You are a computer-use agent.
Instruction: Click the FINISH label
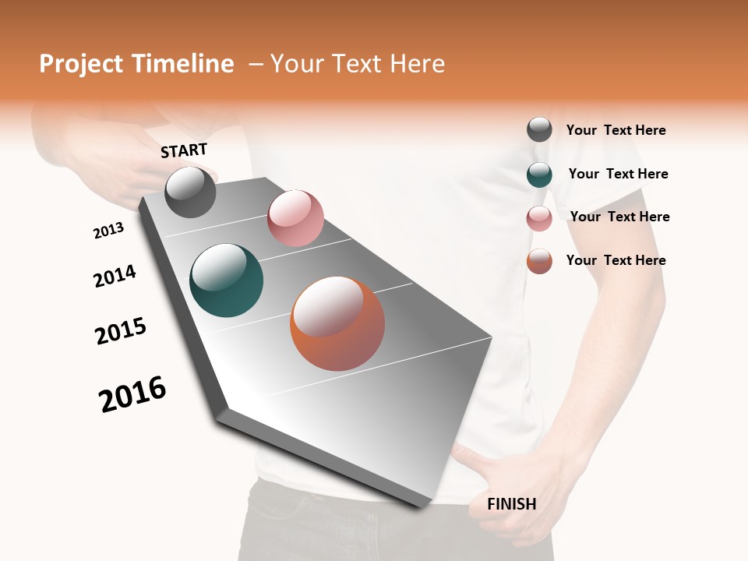(x=511, y=504)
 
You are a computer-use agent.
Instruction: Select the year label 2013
(x=108, y=231)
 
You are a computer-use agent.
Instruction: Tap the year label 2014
(x=115, y=276)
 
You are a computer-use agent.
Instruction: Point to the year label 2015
(x=121, y=331)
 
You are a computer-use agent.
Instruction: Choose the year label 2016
(x=132, y=394)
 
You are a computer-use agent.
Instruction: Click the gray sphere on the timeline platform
(x=191, y=192)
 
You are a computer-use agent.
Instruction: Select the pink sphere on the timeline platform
(x=295, y=218)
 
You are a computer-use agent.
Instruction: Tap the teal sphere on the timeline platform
(x=226, y=280)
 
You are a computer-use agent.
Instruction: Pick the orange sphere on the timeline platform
(x=337, y=323)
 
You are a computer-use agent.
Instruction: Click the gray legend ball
(x=539, y=130)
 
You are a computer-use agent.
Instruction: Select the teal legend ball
(x=539, y=175)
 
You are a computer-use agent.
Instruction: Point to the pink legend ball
(x=539, y=218)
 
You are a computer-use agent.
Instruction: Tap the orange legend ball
(x=539, y=261)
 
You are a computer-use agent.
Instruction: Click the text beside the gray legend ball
(x=616, y=130)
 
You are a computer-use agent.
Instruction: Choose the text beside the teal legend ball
(x=618, y=174)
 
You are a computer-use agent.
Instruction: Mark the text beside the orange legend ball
(x=616, y=260)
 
